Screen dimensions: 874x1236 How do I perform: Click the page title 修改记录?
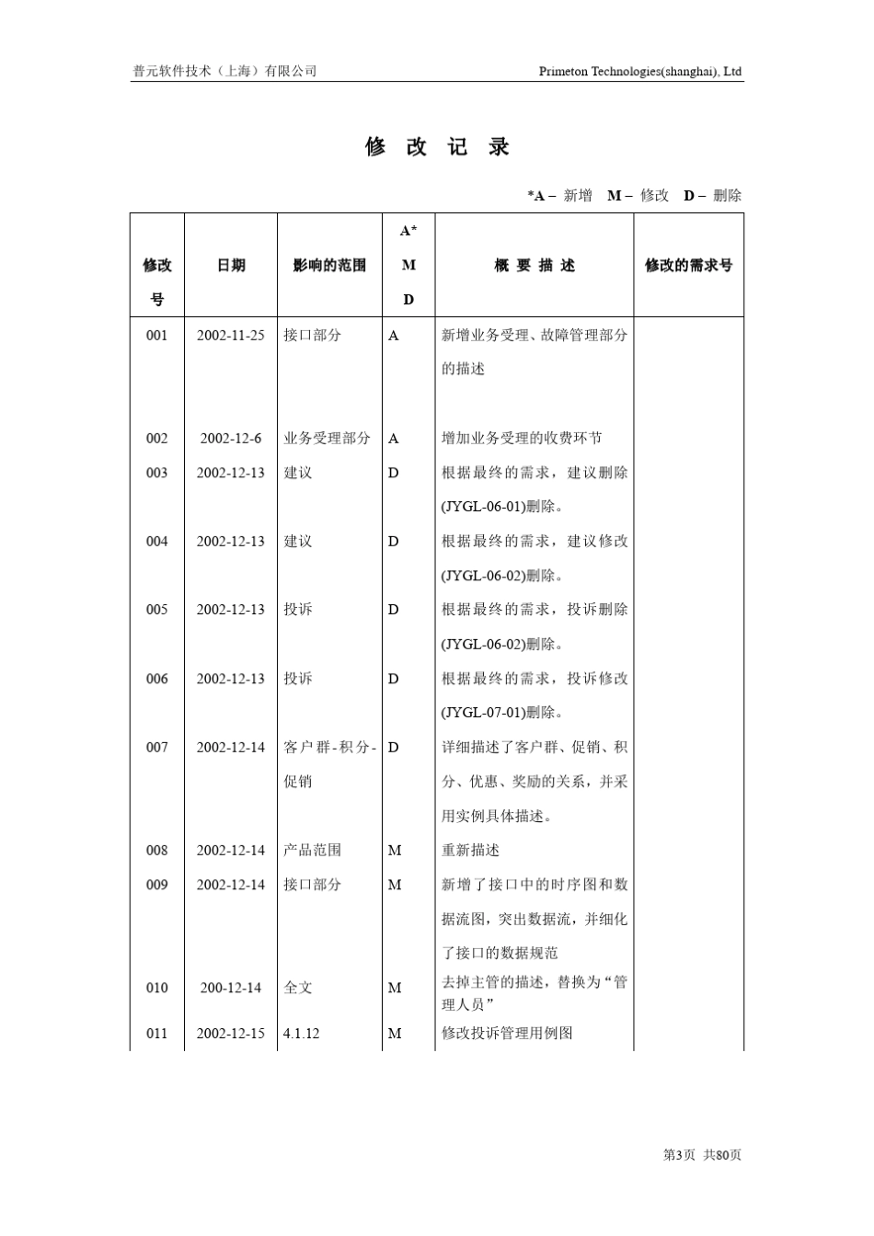(x=437, y=147)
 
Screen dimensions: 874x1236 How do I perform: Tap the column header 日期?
(x=231, y=266)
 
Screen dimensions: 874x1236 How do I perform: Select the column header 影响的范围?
(x=329, y=266)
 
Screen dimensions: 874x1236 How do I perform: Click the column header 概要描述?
(x=534, y=266)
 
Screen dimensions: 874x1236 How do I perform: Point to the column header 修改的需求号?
(x=688, y=266)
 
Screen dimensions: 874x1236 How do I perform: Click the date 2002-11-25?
(x=230, y=336)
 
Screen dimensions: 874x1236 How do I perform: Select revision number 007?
(x=157, y=748)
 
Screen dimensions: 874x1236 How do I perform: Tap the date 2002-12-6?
(x=230, y=439)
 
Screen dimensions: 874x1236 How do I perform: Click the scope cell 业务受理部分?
(x=327, y=439)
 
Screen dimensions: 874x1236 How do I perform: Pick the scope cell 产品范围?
(x=312, y=851)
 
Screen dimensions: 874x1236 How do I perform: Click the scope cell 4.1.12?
(x=301, y=1034)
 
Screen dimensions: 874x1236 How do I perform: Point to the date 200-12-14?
(x=230, y=989)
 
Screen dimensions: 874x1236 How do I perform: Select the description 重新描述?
(x=470, y=851)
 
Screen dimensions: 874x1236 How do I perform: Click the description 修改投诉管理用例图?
(x=507, y=1034)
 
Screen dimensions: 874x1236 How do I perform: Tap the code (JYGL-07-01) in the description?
(x=484, y=713)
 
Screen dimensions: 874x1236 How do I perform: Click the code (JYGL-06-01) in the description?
(x=484, y=507)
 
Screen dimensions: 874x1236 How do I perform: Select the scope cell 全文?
(x=298, y=989)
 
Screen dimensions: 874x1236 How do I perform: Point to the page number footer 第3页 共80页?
(x=702, y=1155)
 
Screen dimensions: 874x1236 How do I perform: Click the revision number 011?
(x=157, y=1034)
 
